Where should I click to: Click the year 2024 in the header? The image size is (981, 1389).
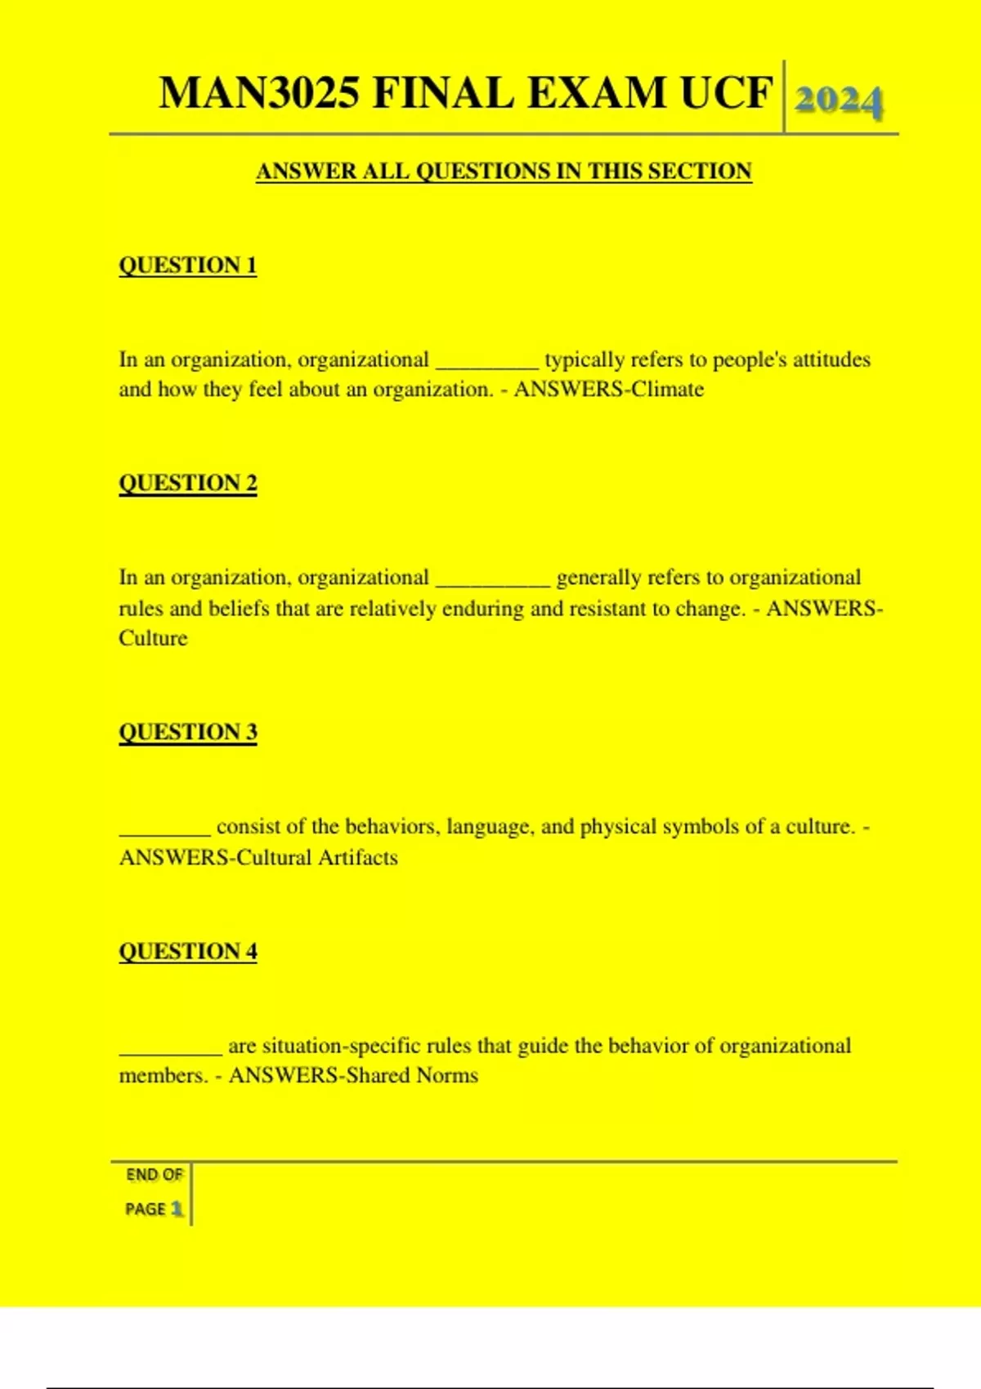point(839,101)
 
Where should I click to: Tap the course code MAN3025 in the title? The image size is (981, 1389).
point(259,92)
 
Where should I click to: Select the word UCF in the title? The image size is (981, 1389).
point(726,92)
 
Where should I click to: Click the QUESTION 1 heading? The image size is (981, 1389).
point(188,266)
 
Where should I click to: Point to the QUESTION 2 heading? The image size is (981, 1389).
point(188,483)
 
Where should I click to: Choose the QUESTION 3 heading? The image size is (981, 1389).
point(188,732)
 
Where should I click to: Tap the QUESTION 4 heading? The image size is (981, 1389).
point(188,952)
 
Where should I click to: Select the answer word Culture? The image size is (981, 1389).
point(153,638)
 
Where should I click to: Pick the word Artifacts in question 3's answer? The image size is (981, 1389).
point(358,858)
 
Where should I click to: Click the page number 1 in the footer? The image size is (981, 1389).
point(177,1209)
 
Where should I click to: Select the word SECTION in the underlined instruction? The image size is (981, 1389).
point(700,172)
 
